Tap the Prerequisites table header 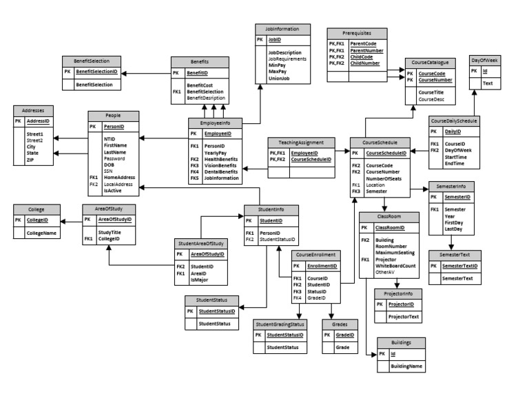tap(353, 32)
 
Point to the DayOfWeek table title tap(486, 61)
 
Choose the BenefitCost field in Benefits tap(199, 84)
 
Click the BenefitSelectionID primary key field tap(96, 72)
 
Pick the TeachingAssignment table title tap(301, 142)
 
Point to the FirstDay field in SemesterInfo tap(454, 222)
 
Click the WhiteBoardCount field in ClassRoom tap(395, 266)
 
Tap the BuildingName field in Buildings tap(406, 367)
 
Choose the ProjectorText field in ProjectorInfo tap(405, 317)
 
